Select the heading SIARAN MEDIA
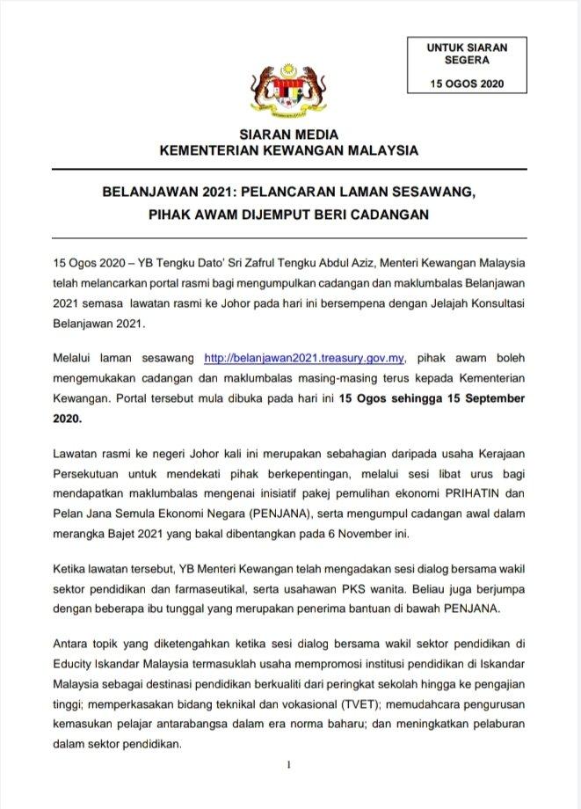click(x=288, y=135)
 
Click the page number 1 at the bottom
click(x=288, y=766)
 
